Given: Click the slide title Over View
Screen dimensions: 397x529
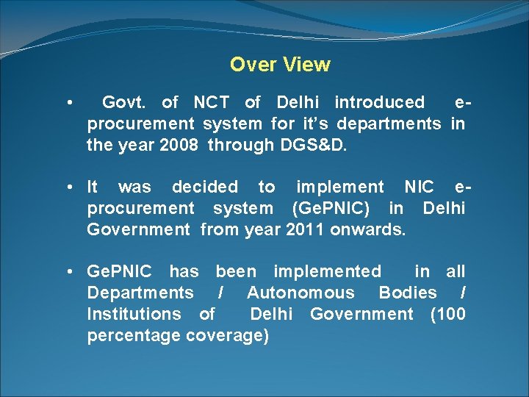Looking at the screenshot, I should [x=280, y=65].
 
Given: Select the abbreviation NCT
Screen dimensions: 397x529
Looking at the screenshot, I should [x=213, y=102].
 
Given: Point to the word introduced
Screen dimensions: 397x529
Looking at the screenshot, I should [x=379, y=102].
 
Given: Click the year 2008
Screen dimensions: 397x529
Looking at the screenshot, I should [x=176, y=145].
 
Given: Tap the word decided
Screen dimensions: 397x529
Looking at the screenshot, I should [x=205, y=187].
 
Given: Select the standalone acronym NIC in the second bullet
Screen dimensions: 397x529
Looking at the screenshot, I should [x=419, y=187].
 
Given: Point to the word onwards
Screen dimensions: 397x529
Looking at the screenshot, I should [x=367, y=230].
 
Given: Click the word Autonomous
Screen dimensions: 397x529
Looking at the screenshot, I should [x=301, y=293].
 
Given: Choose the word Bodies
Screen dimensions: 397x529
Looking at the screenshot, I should [x=408, y=293].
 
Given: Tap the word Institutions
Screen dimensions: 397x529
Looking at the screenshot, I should [x=134, y=314].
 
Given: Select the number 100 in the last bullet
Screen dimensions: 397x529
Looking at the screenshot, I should [x=450, y=314].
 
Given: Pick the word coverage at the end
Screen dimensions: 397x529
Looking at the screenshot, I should [x=228, y=336].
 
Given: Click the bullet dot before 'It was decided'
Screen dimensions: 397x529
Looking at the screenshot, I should [x=68, y=187].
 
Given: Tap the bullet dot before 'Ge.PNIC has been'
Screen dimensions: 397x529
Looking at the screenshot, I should [x=68, y=272].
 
